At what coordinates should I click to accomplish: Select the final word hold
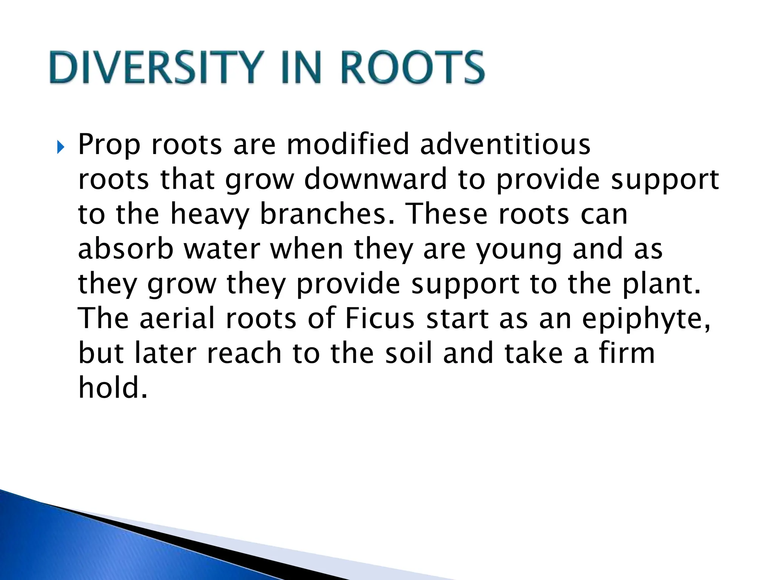click(x=112, y=388)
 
